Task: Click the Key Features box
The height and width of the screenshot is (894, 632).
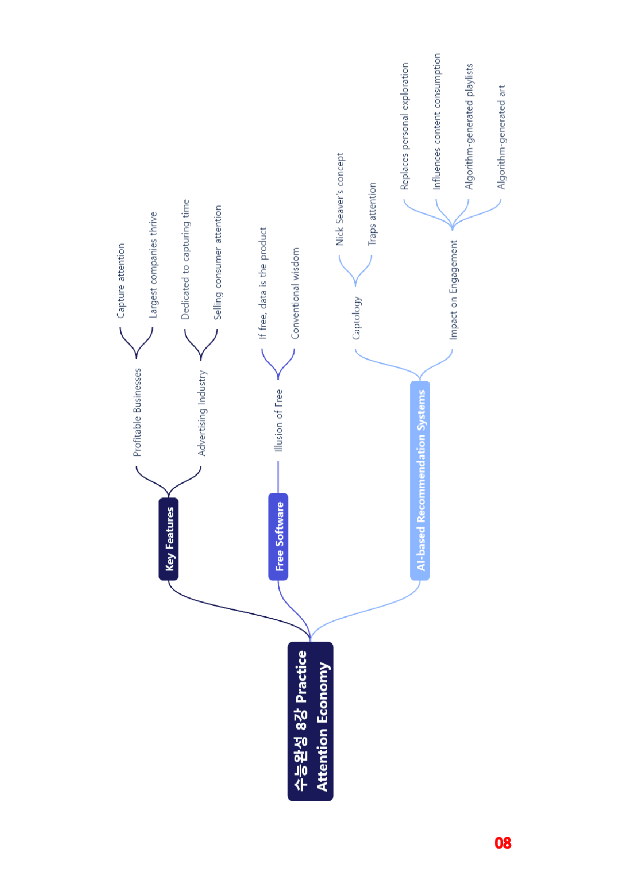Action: point(169,539)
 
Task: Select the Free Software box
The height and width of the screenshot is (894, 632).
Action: point(278,537)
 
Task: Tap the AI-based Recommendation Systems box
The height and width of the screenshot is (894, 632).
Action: point(420,481)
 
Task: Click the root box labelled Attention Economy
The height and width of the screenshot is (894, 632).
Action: point(310,721)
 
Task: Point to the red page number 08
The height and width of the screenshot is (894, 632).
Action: point(503,843)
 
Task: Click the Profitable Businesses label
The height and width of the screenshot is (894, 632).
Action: point(138,412)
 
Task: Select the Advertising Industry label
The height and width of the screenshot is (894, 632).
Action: point(202,413)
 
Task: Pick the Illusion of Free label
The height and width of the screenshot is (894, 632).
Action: point(278,420)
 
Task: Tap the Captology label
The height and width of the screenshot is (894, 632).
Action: point(357,318)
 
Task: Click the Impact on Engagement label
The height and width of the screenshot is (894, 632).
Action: point(454,290)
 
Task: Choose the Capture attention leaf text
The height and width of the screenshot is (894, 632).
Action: point(121,280)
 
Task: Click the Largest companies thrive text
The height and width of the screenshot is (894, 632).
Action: point(153,265)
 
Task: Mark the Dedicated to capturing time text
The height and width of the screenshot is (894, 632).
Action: point(186,259)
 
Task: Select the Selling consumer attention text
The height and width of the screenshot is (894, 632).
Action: point(218,262)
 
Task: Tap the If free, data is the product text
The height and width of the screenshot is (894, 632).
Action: point(263,283)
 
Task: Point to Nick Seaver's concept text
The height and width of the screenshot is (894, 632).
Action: point(340,199)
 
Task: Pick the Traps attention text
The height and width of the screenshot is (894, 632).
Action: point(373,214)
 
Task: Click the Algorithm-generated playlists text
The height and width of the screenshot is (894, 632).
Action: point(469,126)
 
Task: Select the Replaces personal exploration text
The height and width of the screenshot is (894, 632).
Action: point(405,126)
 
